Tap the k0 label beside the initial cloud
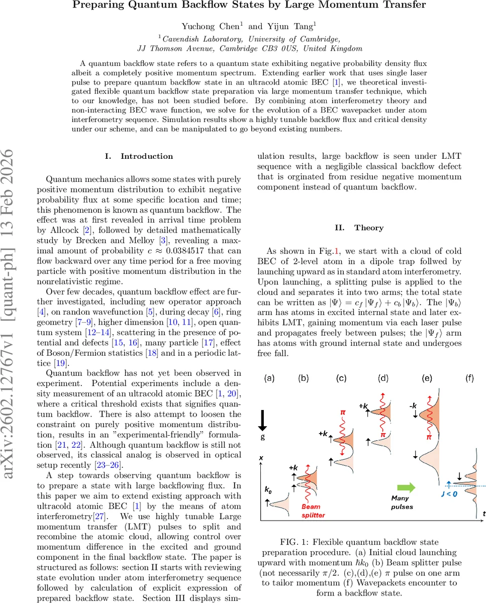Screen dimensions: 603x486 pyautogui.click(x=268, y=489)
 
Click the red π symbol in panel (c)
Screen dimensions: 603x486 pyautogui.click(x=343, y=413)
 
